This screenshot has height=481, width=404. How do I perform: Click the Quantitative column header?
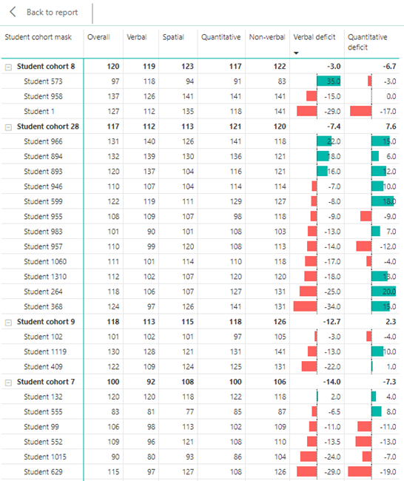pos(220,37)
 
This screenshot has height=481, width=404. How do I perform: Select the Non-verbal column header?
pos(266,37)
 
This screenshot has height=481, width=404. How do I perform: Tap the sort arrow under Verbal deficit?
pos(297,53)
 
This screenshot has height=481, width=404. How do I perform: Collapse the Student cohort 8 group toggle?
pos(8,67)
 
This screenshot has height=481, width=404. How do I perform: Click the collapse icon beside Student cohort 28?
pos(8,127)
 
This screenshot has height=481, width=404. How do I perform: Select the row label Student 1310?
pos(44,277)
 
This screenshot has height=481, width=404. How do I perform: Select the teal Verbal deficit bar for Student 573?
pos(328,81)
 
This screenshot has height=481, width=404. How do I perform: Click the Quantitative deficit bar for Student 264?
pos(383,292)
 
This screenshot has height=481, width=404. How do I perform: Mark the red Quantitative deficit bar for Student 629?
pos(360,472)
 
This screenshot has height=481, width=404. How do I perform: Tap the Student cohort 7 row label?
pos(45,382)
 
